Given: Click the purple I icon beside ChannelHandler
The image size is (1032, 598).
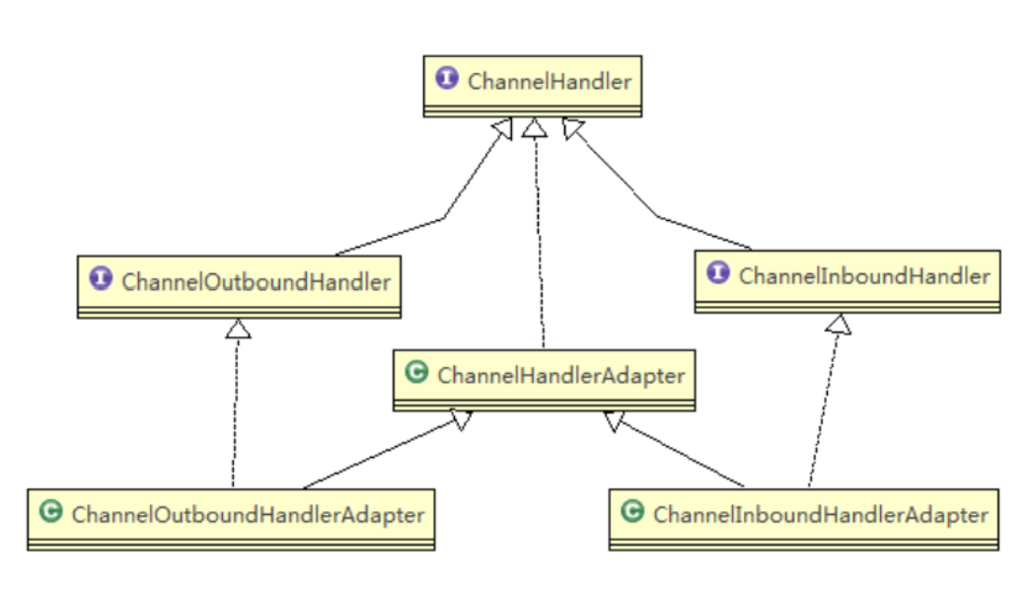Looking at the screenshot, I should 447,79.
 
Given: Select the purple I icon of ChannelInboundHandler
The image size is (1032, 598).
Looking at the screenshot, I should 718,273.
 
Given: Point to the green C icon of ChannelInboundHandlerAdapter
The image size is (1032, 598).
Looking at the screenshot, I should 633,512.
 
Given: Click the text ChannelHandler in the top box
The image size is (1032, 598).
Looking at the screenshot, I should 549,81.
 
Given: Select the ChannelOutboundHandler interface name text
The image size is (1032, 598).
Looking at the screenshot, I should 256,281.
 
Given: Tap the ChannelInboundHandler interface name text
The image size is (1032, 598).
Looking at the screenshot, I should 863,275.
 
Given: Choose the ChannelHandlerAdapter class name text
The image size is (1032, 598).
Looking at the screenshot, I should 560,375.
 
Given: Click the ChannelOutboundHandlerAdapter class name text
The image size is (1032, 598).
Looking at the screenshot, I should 248,514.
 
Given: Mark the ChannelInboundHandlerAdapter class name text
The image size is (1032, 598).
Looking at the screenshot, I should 820,514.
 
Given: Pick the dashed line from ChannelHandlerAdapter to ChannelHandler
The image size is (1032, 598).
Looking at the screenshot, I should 539,247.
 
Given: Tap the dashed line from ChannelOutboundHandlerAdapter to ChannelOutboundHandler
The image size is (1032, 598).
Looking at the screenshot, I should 236,414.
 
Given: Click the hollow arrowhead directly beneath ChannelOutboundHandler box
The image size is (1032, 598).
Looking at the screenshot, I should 238,328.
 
